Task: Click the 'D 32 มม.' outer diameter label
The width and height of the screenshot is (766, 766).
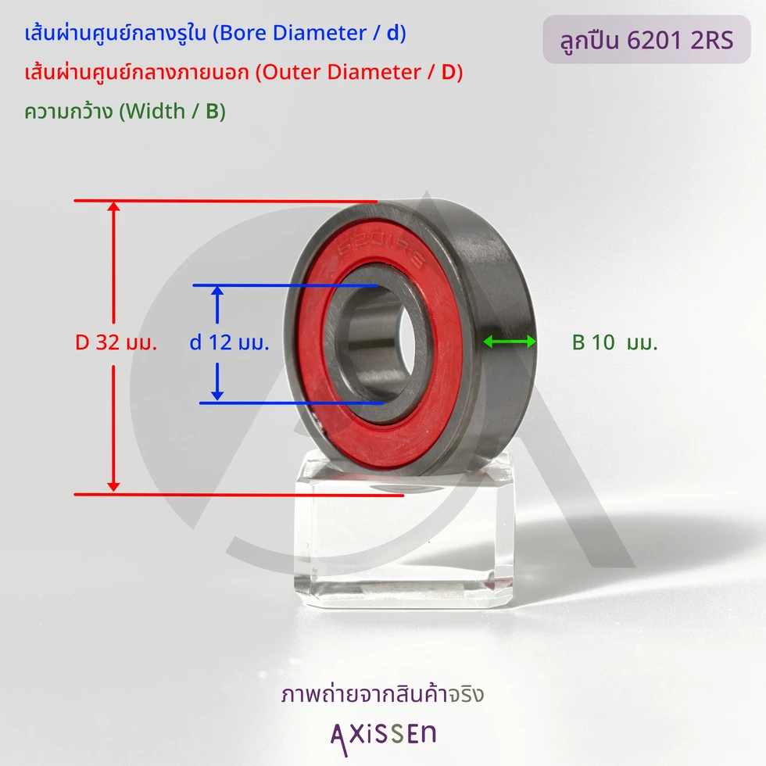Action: (x=116, y=342)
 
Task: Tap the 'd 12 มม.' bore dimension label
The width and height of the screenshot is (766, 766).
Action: (x=229, y=342)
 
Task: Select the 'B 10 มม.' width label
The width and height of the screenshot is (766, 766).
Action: (x=614, y=342)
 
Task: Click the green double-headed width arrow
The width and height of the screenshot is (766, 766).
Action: (x=510, y=342)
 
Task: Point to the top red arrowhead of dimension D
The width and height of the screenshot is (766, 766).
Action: (x=113, y=206)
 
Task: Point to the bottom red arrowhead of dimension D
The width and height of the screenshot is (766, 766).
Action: (x=113, y=486)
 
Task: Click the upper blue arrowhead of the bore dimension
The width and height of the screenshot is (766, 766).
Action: (x=217, y=291)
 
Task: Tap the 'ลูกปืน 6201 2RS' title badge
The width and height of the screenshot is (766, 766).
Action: (x=646, y=40)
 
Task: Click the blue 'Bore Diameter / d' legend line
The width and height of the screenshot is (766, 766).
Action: (x=216, y=33)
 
